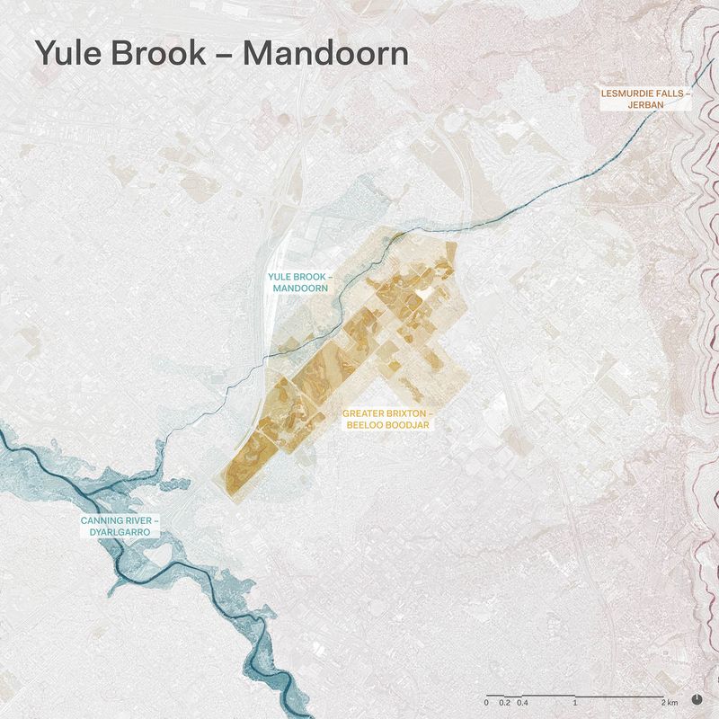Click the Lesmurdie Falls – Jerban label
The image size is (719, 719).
tap(645, 99)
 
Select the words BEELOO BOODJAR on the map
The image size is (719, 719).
tap(388, 426)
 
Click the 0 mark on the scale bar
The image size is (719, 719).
tap(486, 702)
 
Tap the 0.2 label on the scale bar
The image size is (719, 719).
tap(504, 702)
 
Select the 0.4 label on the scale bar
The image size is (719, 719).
tap(521, 702)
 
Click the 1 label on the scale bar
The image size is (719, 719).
tap(574, 702)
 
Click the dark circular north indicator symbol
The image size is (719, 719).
tap(697, 698)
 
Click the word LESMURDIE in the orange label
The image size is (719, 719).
tap(630, 93)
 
